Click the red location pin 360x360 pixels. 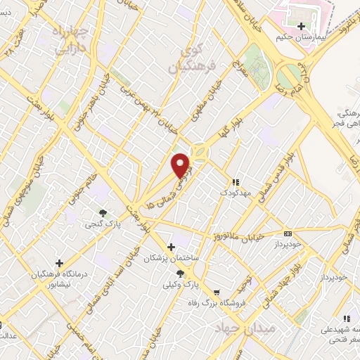point(181,165)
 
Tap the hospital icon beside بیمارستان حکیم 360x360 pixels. point(301,26)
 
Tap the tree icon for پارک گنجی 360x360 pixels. point(103,212)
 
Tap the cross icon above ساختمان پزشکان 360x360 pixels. point(171,247)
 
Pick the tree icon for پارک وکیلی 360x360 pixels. point(181,274)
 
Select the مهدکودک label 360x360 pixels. point(234,191)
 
